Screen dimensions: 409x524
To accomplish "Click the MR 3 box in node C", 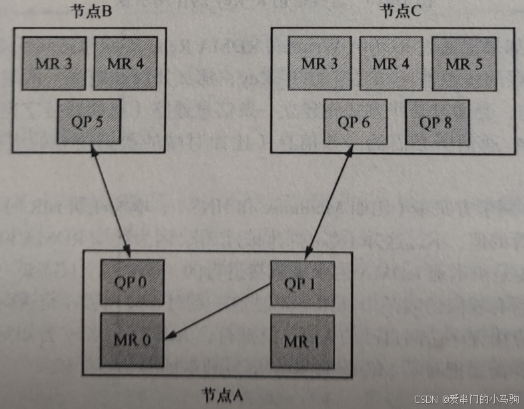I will point(319,64).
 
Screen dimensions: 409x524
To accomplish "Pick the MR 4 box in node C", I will point(391,64).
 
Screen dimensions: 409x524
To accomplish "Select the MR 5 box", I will point(463,64).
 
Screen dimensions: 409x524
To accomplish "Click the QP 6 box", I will point(355,123).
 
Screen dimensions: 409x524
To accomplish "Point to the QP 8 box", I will point(437,123).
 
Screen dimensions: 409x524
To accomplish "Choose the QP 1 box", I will point(302,283).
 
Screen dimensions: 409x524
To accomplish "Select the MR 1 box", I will point(302,341).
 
